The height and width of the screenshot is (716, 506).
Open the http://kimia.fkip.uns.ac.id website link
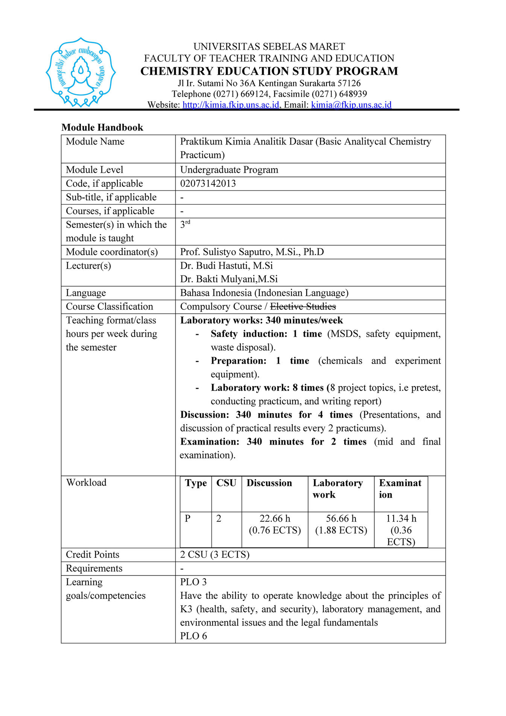point(231,105)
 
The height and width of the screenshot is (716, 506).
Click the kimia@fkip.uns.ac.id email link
point(351,105)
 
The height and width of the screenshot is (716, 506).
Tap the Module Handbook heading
point(102,128)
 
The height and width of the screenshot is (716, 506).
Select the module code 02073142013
point(208,183)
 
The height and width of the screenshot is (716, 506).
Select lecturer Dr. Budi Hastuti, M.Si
point(226,266)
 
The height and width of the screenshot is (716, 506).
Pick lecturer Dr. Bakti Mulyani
point(228,279)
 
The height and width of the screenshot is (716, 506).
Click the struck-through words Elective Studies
point(303,306)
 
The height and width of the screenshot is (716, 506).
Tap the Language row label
point(86,293)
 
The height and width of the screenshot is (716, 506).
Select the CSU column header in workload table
point(226,483)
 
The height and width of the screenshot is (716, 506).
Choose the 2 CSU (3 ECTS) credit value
point(214,555)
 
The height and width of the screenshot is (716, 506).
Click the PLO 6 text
point(193,636)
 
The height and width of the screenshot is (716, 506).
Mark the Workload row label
point(86,483)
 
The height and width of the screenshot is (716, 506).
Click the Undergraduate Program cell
point(229,170)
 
